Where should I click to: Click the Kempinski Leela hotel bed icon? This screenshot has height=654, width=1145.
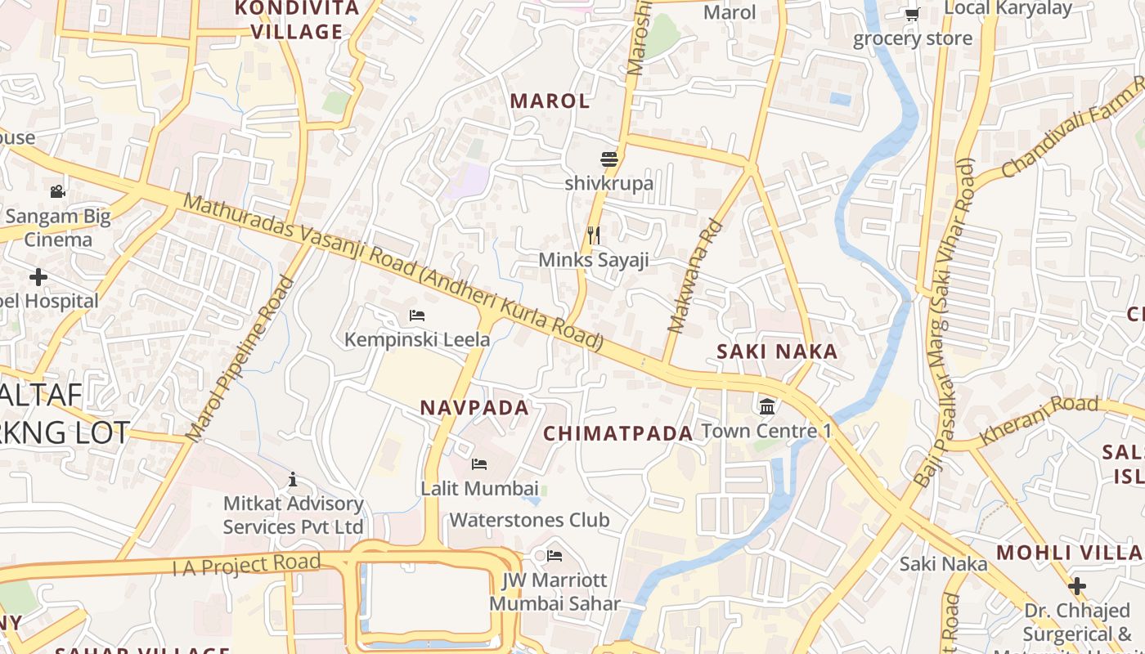(x=417, y=315)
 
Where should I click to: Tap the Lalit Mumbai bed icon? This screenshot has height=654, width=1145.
(x=479, y=464)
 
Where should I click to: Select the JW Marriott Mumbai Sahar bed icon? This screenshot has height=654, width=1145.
(x=555, y=556)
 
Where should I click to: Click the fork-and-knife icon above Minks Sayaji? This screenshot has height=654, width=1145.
(x=594, y=235)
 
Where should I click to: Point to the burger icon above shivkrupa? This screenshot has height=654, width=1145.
(x=608, y=159)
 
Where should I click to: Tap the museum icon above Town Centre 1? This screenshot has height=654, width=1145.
(x=767, y=405)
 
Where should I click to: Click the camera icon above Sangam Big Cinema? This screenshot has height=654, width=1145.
(x=57, y=191)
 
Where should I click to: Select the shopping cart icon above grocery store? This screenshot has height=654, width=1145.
(x=912, y=14)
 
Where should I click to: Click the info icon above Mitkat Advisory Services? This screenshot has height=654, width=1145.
(x=293, y=479)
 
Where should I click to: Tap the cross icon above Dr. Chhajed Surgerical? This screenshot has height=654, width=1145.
(x=1077, y=585)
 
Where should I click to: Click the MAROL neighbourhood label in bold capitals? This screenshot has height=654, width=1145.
(x=550, y=101)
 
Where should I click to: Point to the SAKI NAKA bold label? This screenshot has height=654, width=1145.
(x=777, y=352)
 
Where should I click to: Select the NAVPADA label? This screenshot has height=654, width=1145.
(x=474, y=407)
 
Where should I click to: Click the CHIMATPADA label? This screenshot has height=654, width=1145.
(x=618, y=433)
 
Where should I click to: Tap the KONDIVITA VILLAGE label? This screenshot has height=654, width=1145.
(x=297, y=20)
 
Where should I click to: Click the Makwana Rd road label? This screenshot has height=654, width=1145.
(x=695, y=276)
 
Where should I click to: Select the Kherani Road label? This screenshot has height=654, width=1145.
(x=1039, y=419)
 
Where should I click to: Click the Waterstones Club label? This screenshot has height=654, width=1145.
(x=529, y=520)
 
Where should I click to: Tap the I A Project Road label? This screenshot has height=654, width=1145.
(x=245, y=564)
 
